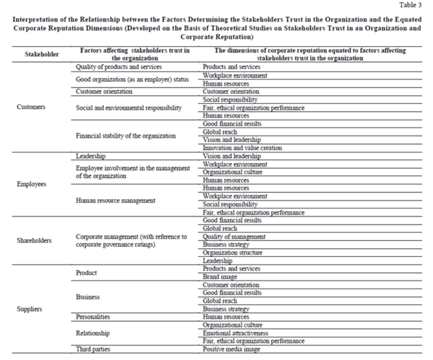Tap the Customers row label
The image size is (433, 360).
[x=31, y=107]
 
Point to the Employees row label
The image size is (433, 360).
[x=32, y=184]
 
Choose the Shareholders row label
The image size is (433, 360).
[x=34, y=240]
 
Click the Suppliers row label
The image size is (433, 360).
[x=30, y=309]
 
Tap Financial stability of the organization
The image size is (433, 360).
[x=126, y=136]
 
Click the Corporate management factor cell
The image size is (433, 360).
[x=131, y=240]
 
